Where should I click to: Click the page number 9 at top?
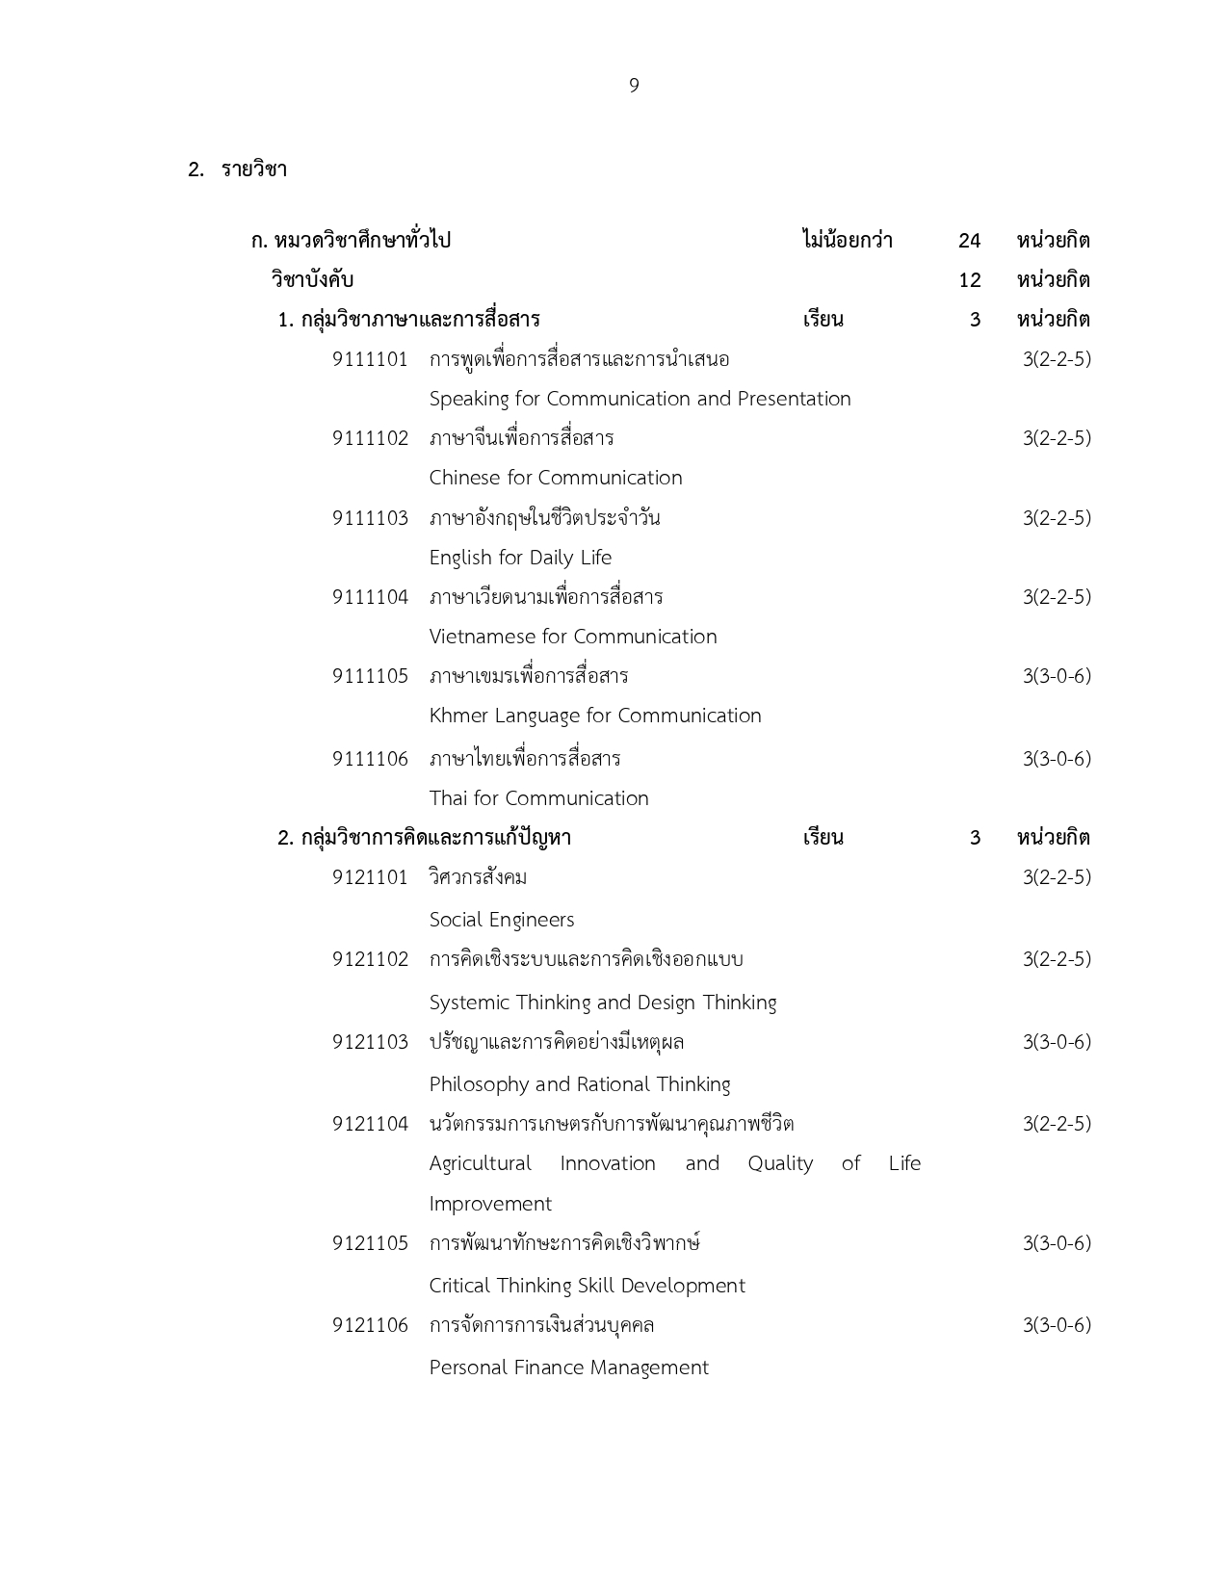pyautogui.click(x=634, y=86)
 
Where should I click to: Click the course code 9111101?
pyautogui.click(x=370, y=359)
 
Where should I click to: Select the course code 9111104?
pyautogui.click(x=370, y=597)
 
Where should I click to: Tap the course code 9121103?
pyautogui.click(x=370, y=1042)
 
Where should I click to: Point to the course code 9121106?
pyautogui.click(x=370, y=1325)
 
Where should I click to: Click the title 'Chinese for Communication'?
pyautogui.click(x=555, y=478)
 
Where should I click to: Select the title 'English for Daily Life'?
pyautogui.click(x=520, y=558)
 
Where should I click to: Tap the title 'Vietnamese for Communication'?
pyautogui.click(x=573, y=637)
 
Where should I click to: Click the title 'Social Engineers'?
pyautogui.click(x=502, y=920)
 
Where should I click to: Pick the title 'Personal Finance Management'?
pyautogui.click(x=568, y=1368)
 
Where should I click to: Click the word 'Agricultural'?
pyautogui.click(x=480, y=1163)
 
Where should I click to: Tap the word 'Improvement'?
pyautogui.click(x=490, y=1204)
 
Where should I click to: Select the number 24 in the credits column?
pyautogui.click(x=969, y=241)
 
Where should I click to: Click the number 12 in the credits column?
pyautogui.click(x=969, y=280)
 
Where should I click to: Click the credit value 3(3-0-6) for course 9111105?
pyautogui.click(x=1057, y=676)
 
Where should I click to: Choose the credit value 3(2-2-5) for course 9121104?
pyautogui.click(x=1057, y=1124)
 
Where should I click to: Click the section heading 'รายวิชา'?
pyautogui.click(x=254, y=169)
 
